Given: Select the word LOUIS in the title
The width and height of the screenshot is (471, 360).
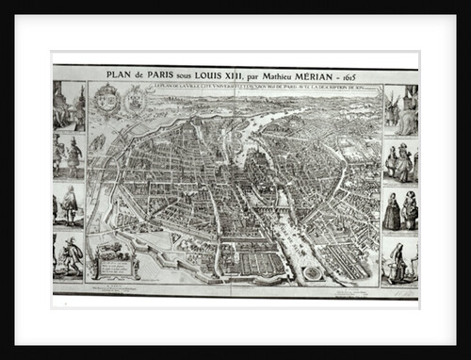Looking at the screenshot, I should pos(216,74).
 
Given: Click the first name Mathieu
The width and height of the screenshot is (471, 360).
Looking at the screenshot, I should pos(294,74).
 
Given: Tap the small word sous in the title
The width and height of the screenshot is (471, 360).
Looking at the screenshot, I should pos(192,75).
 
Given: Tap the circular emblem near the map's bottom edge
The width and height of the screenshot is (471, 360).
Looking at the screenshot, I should pos(312,272).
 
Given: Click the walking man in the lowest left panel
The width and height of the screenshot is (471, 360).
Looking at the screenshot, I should pos(72,254).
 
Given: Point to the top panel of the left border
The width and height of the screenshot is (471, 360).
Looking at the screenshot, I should pos(69,106).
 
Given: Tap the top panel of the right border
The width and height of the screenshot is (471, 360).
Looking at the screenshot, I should pos(400,109).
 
